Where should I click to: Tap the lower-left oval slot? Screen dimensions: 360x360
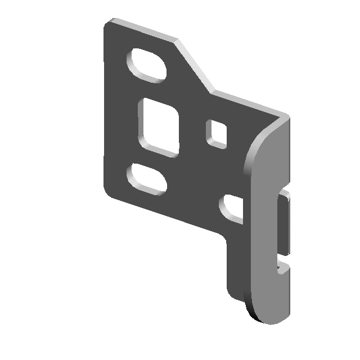147,179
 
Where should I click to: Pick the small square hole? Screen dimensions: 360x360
217,133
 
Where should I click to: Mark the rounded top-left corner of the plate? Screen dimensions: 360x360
109,25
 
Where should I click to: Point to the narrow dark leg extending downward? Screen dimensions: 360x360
235,264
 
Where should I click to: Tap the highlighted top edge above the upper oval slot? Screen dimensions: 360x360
143,30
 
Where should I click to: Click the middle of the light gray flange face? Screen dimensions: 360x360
267,225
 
